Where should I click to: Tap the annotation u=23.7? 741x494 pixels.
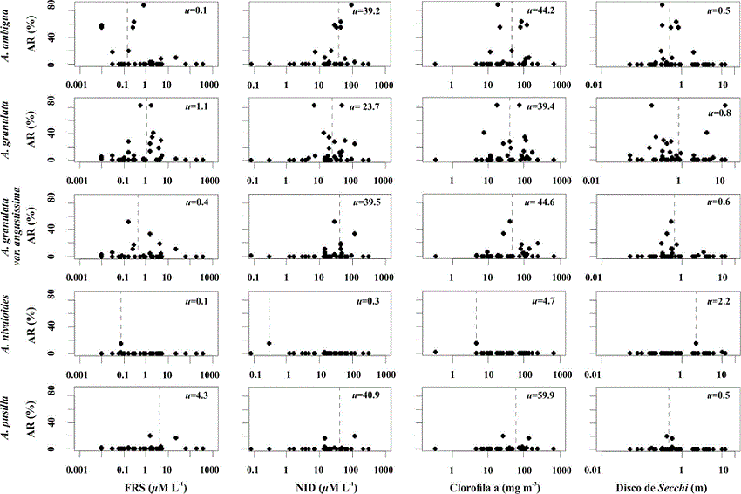[x=365, y=107]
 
